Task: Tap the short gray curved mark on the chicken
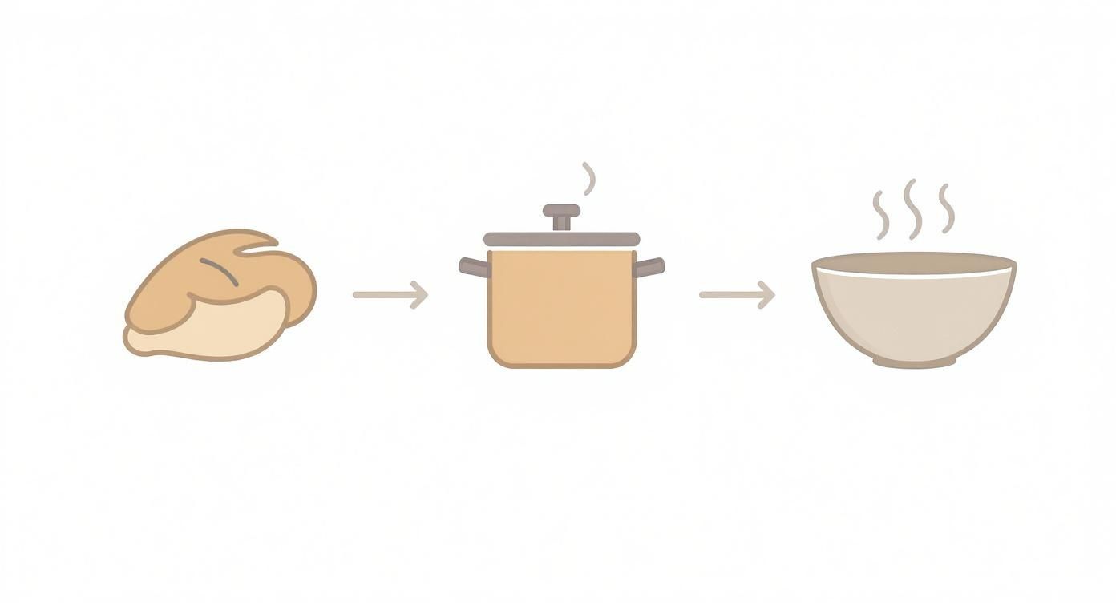[x=220, y=272]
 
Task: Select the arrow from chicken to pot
[x=389, y=294]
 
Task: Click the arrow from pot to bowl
[x=736, y=294]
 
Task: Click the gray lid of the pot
[x=561, y=239]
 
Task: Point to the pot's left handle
[x=474, y=267]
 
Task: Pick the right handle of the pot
[x=649, y=267]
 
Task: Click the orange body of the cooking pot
[x=561, y=309]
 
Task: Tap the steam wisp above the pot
[x=589, y=178]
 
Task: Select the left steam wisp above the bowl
[x=881, y=214]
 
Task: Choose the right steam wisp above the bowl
[x=947, y=208]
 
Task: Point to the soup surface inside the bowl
[x=914, y=264]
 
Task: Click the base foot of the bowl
[x=914, y=362]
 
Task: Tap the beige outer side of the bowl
[x=914, y=317]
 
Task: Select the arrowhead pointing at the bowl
[x=767, y=294]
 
